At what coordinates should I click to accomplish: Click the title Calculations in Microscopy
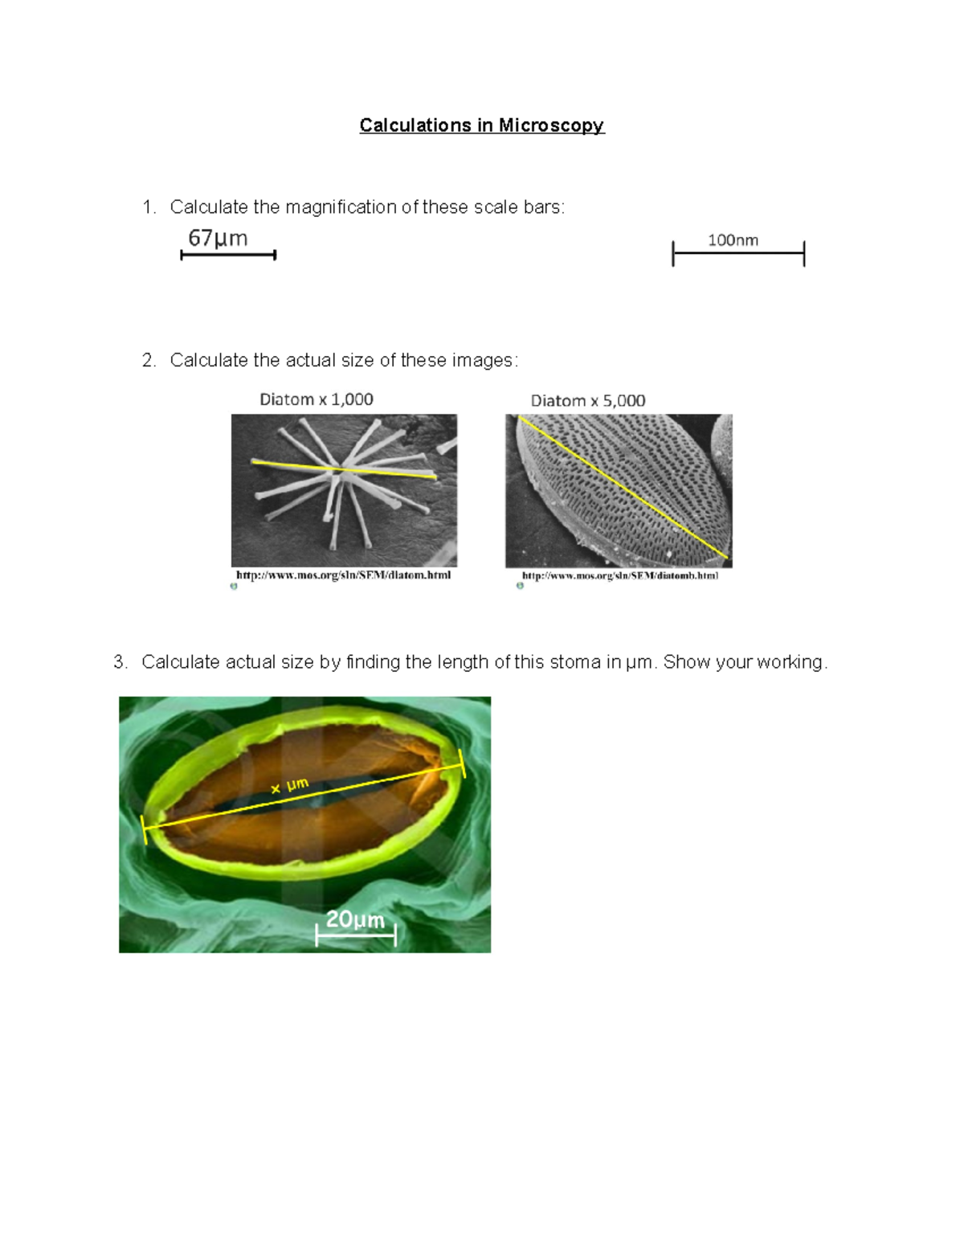(481, 125)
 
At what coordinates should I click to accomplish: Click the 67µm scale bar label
(218, 239)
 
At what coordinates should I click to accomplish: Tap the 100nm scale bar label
(733, 240)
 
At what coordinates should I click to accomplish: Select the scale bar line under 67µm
(228, 255)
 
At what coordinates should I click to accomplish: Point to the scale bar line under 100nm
(737, 254)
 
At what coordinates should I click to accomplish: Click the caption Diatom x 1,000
(317, 399)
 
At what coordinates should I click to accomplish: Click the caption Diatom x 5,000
(588, 400)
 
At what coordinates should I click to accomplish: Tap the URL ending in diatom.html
(343, 575)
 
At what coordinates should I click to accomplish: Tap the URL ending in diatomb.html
(620, 575)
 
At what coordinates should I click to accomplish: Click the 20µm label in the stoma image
(355, 919)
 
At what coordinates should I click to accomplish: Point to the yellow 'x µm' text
(290, 786)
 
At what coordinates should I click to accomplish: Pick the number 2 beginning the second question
(148, 361)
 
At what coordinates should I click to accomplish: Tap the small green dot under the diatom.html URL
(234, 587)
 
